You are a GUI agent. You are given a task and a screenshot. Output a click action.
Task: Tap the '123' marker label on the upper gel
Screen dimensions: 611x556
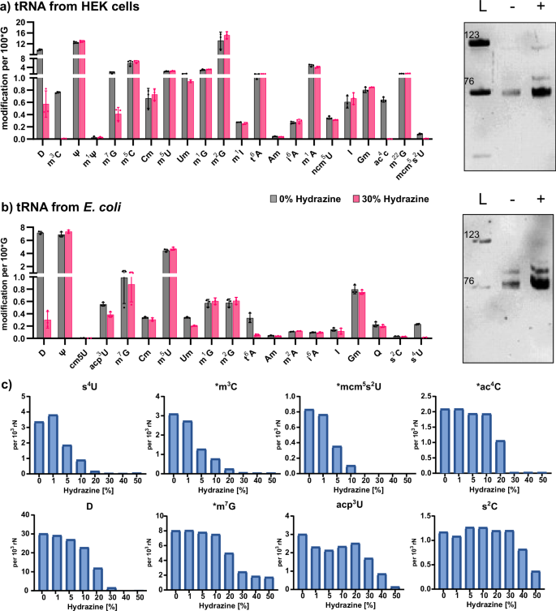(472, 35)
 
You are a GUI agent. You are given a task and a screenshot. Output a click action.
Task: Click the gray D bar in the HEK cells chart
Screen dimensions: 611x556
(39, 52)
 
